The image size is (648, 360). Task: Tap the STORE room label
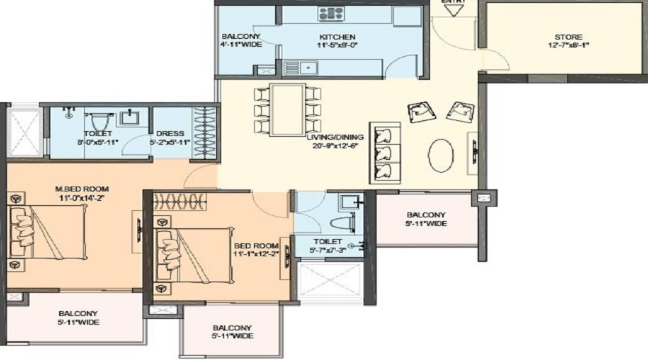(568, 37)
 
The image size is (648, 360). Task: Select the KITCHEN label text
(338, 37)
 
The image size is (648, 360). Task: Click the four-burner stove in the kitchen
(331, 13)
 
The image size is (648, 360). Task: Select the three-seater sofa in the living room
(388, 152)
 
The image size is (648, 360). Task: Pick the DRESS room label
(170, 133)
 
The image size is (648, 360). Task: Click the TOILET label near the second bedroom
(326, 241)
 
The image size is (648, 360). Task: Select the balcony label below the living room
(426, 215)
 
